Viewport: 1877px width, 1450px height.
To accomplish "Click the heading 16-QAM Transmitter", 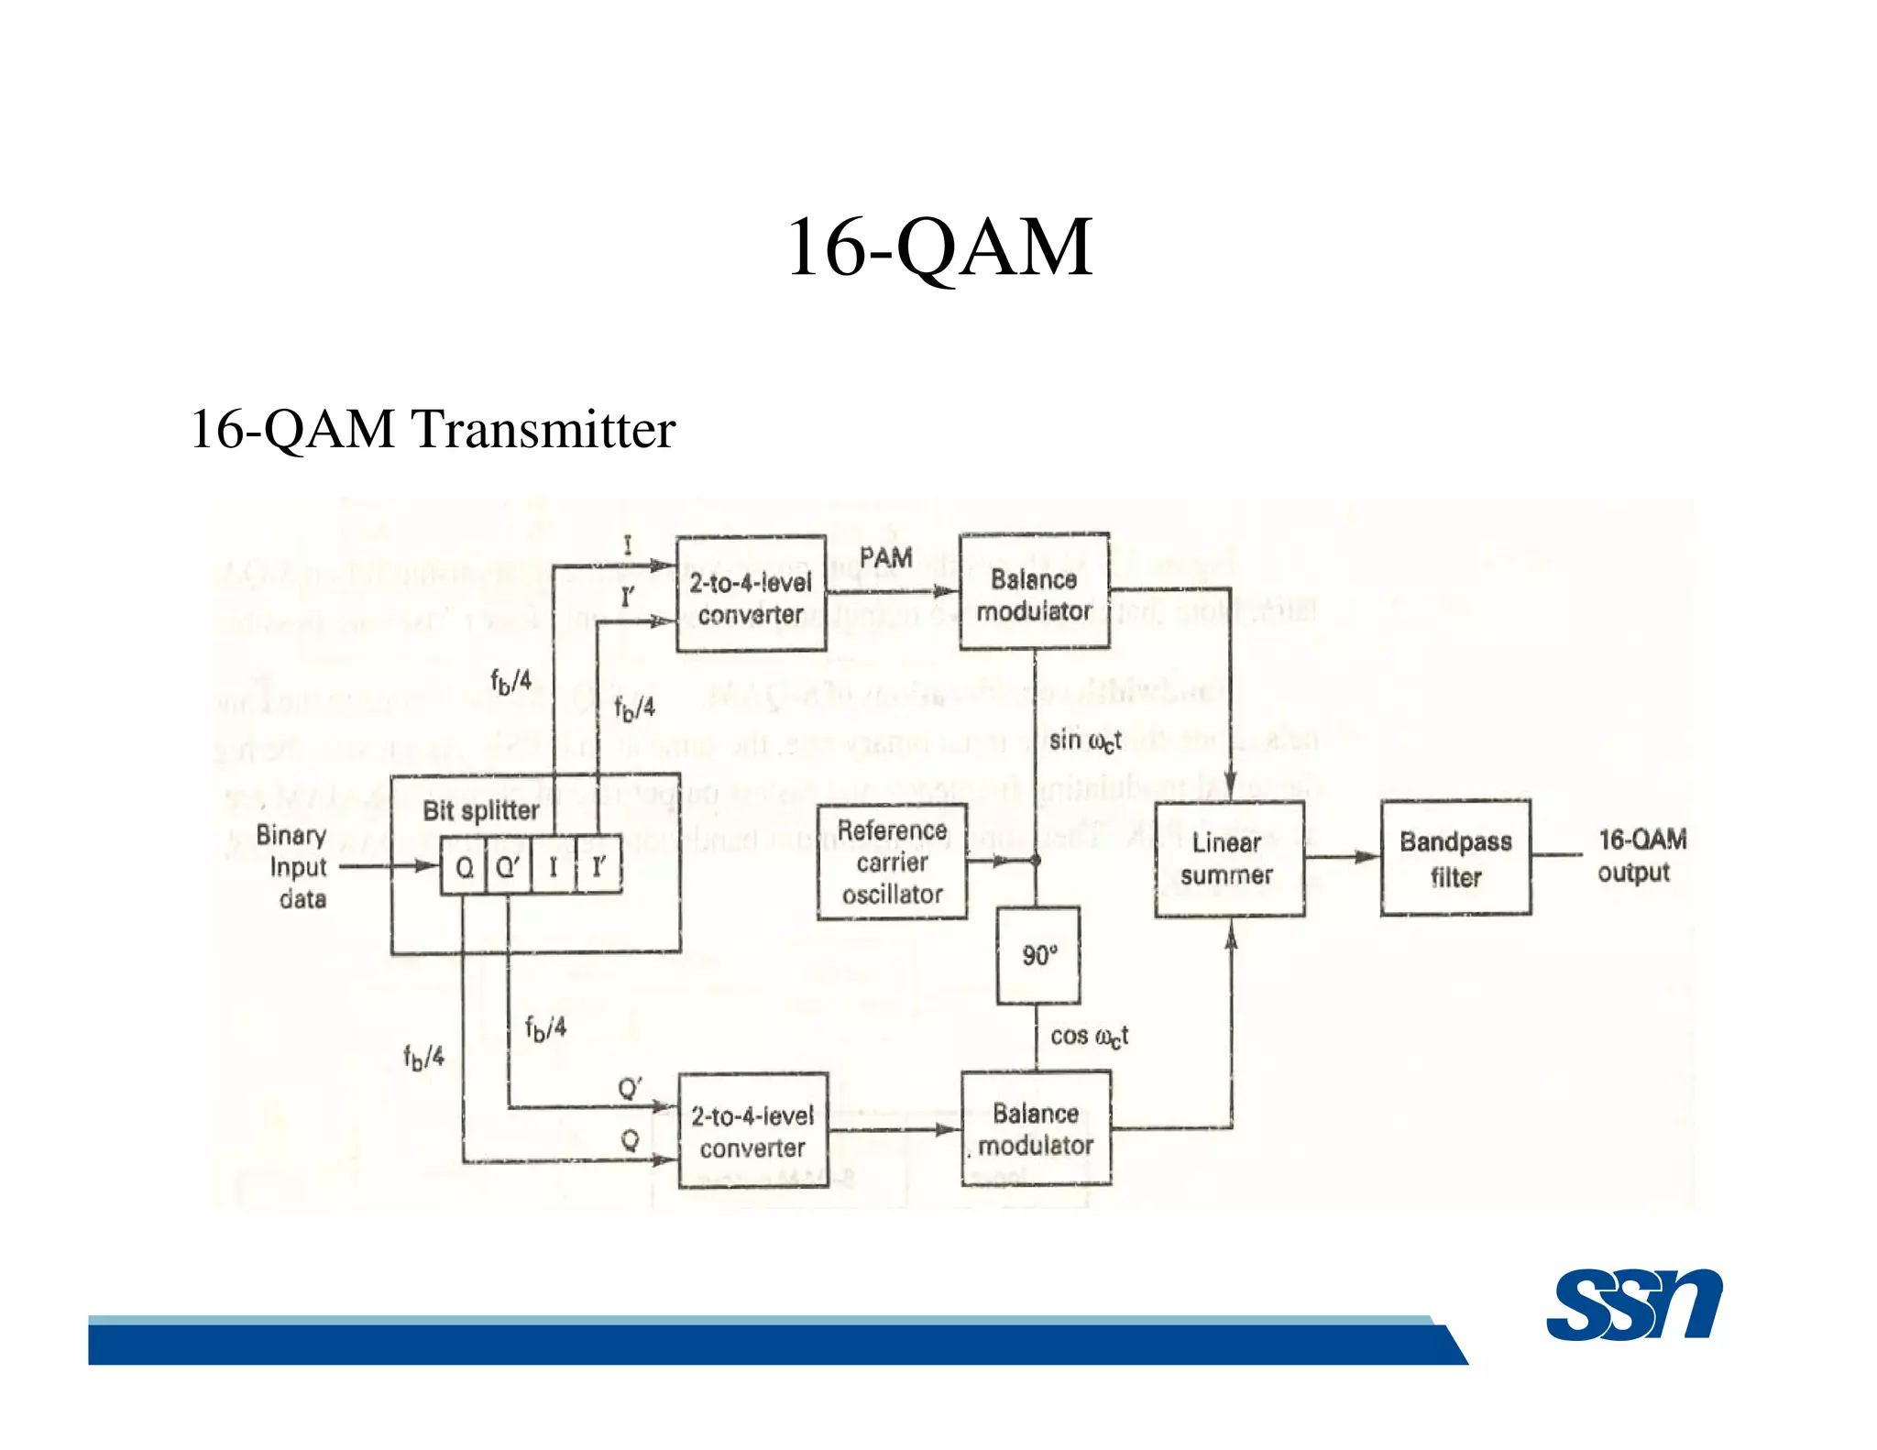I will [433, 429].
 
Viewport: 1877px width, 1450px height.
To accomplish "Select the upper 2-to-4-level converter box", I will [751, 594].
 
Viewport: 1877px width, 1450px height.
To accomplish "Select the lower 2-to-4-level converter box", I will [752, 1131].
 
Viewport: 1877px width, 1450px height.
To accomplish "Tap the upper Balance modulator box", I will [1034, 592].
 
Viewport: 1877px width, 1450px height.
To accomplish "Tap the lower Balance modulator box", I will [1036, 1128].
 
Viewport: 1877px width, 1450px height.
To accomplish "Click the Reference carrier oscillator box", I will [892, 862].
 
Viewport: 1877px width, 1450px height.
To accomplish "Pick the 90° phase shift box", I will [1038, 955].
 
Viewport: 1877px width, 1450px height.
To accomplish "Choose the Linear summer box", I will [1228, 859].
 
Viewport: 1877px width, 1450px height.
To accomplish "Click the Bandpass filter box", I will [1455, 858].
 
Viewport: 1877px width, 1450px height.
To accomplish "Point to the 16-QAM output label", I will [1640, 855].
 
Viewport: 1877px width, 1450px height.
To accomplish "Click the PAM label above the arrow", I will [885, 557].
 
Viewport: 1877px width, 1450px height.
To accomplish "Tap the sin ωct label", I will [1084, 740].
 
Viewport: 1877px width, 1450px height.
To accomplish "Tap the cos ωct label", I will [1088, 1036].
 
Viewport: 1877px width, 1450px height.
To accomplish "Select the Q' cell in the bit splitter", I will [508, 866].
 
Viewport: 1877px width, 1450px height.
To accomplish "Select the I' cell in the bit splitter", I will [598, 866].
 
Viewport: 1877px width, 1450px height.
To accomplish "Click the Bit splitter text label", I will [480, 810].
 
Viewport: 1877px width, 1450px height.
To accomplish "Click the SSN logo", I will [1634, 1305].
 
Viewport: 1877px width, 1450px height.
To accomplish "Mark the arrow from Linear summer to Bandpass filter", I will [1343, 857].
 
